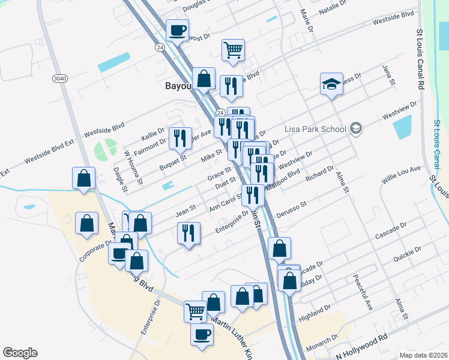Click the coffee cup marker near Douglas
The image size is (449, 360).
(177, 29)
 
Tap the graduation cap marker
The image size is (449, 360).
(330, 85)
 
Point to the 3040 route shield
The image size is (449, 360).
(60, 79)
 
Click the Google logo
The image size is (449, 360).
(20, 352)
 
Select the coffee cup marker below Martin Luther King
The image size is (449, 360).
(202, 335)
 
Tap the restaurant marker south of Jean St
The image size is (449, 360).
(188, 234)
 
